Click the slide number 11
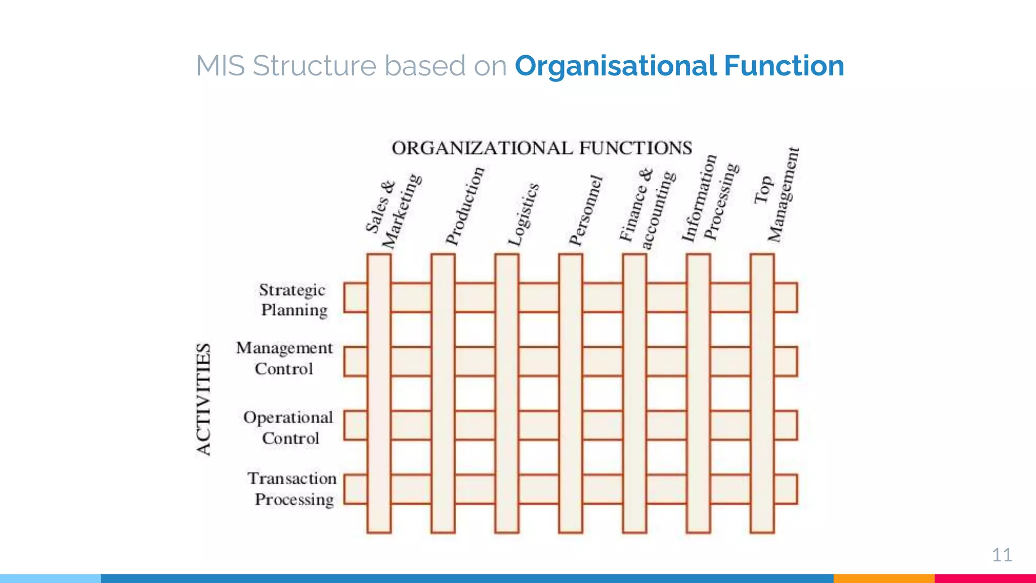point(1002,555)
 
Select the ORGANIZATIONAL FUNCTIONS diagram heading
point(542,148)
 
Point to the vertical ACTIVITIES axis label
point(203,400)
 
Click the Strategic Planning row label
point(293,300)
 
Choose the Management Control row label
point(284,358)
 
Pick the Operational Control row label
point(288,428)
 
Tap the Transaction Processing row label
point(292,489)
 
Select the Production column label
point(465,206)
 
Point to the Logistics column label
point(524,215)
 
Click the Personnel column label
point(586,211)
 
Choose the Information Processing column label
point(710,198)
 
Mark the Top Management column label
point(776,195)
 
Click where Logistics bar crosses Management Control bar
point(507,361)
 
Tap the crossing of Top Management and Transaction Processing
point(762,489)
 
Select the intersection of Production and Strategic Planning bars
point(443,298)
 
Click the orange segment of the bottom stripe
point(884,578)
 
